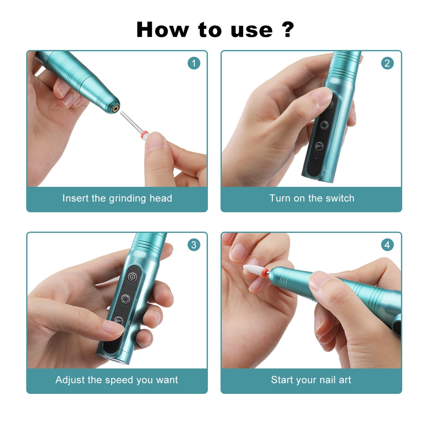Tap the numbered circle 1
click(194, 63)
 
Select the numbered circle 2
click(387, 63)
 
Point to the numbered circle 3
click(194, 245)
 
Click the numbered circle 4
click(387, 245)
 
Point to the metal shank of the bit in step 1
click(131, 122)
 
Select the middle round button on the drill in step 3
click(125, 299)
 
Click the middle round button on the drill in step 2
click(324, 125)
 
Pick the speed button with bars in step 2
click(319, 146)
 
